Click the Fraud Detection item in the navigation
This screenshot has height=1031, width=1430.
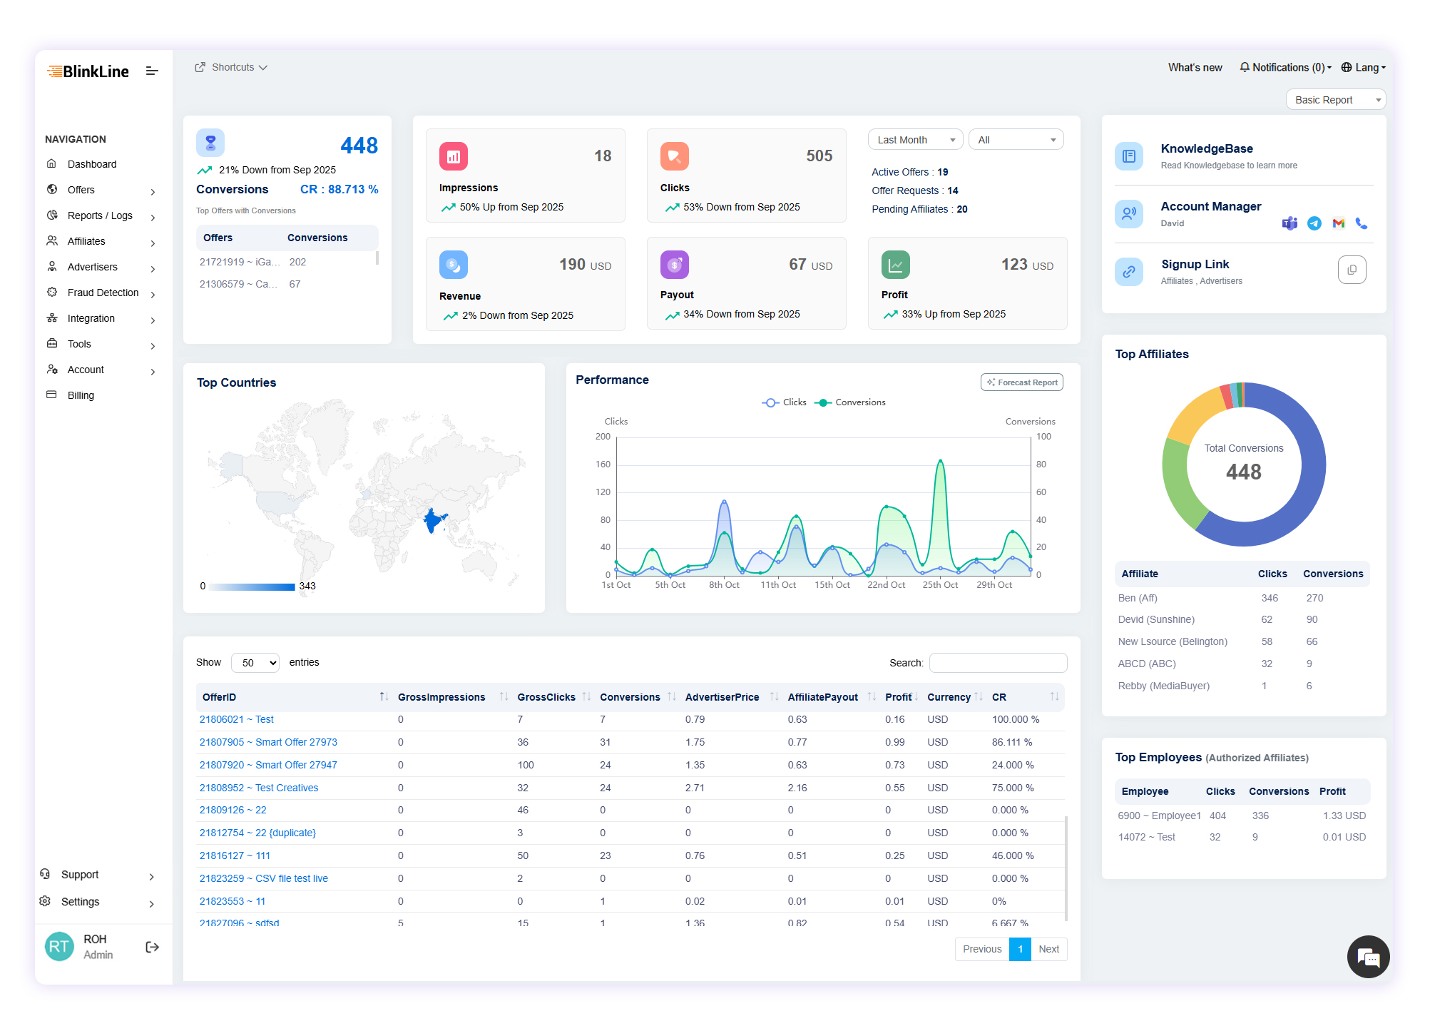103,293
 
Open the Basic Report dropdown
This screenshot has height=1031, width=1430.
1335,100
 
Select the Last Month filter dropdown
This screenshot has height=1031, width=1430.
915,140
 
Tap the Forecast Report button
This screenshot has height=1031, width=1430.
1021,382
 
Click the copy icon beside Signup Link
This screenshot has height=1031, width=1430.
1352,270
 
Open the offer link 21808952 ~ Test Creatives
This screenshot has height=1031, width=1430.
259,788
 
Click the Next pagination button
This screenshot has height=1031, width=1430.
1048,949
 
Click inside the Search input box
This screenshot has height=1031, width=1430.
998,663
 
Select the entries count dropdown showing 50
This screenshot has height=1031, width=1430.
255,663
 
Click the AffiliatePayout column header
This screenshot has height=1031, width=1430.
822,697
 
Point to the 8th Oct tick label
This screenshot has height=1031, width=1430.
724,585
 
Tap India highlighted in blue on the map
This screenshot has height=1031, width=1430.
432,520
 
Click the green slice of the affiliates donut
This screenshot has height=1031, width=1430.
1178,485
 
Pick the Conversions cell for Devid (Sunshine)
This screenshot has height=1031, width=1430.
1312,619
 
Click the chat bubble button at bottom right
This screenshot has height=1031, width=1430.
1368,957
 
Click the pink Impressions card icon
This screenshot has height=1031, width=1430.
454,156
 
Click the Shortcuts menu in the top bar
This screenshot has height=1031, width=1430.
231,68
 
